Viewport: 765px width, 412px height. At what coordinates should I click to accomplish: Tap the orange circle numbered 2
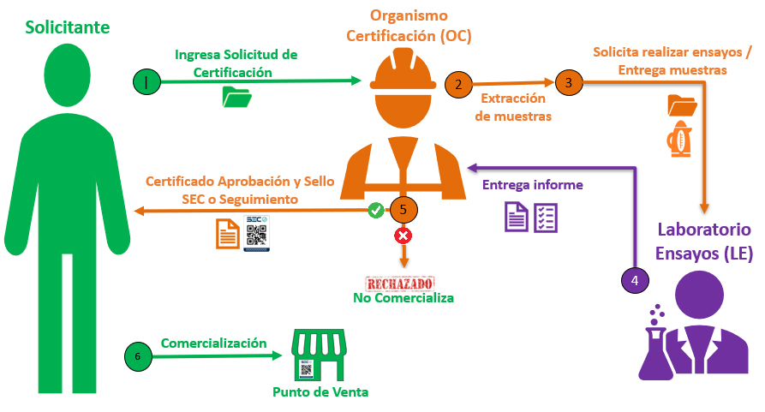click(458, 84)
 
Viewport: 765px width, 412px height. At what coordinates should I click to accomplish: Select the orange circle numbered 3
click(567, 82)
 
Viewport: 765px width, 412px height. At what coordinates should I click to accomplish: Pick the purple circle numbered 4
click(634, 279)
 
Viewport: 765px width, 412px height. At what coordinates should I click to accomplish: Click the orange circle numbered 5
click(403, 209)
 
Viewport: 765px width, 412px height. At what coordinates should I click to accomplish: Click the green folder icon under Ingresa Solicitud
click(236, 97)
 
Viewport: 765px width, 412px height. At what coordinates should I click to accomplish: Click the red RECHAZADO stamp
click(400, 284)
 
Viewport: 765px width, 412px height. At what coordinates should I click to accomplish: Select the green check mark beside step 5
click(375, 209)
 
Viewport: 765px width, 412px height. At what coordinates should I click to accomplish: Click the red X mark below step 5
click(402, 235)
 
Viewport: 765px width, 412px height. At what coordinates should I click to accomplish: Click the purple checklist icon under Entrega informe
click(546, 218)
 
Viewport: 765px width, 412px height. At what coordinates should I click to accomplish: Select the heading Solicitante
click(68, 27)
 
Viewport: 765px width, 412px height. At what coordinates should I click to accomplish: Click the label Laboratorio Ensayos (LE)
click(704, 241)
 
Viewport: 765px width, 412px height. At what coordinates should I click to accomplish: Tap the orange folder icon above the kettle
click(682, 105)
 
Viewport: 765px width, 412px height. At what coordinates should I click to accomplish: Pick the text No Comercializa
click(403, 298)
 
